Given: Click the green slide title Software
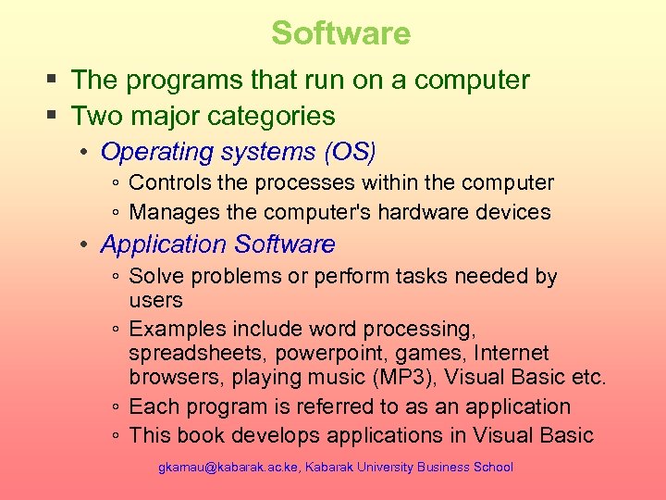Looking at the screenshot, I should pos(340,33).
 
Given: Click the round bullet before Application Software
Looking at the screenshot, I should pos(83,244).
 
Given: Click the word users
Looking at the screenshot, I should pos(155,300).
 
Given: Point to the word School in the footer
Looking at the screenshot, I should pos(492,467).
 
